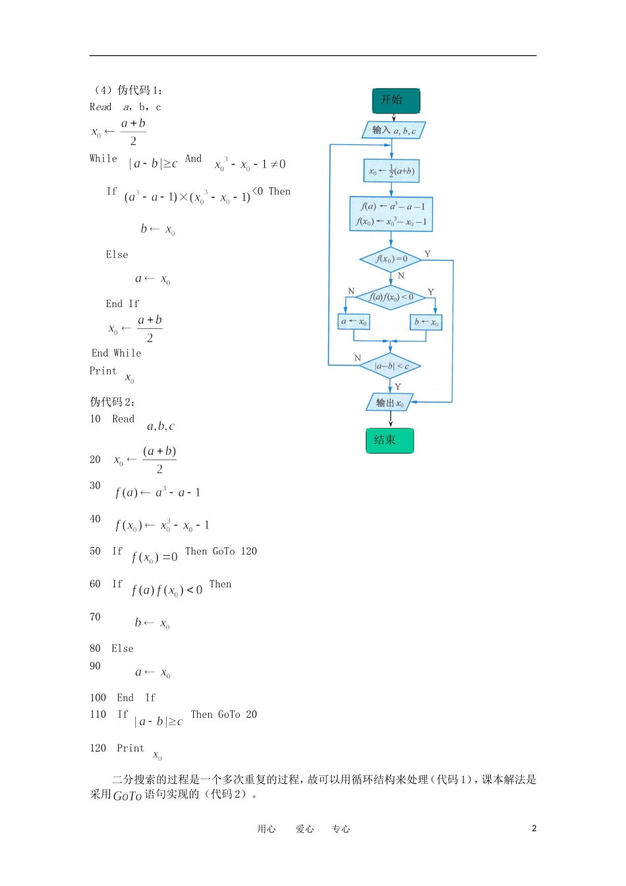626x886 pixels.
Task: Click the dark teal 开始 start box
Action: (x=395, y=100)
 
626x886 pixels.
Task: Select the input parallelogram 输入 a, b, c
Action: (x=393, y=130)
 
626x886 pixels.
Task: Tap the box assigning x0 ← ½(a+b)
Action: (x=391, y=171)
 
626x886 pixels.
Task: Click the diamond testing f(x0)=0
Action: (x=391, y=259)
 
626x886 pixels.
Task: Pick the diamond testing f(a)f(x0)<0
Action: (x=391, y=297)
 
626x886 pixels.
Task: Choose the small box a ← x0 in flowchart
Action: (x=354, y=322)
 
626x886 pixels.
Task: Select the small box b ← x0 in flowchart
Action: (x=426, y=322)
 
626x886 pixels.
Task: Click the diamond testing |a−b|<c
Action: (x=391, y=366)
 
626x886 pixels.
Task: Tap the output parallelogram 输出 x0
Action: (x=389, y=403)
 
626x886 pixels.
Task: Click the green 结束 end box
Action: (x=389, y=440)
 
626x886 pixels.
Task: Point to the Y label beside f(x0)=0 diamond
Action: (x=428, y=254)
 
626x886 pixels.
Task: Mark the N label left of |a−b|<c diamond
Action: (x=358, y=358)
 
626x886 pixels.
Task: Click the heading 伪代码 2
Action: (x=112, y=401)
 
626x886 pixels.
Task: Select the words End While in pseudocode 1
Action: (x=117, y=353)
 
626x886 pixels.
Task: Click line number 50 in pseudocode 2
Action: (x=96, y=551)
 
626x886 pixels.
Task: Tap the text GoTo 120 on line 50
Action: (x=235, y=551)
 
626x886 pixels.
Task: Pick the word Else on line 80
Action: (x=123, y=649)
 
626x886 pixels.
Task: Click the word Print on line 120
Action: (x=130, y=748)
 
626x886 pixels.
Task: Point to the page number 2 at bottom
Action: (x=534, y=829)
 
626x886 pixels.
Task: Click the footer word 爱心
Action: (x=304, y=829)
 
